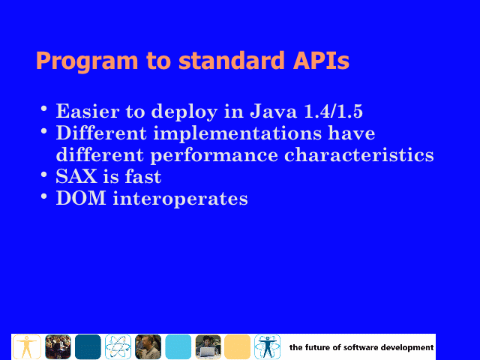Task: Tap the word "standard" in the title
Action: (x=232, y=60)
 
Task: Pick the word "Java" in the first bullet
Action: (x=273, y=111)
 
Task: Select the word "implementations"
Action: (x=237, y=133)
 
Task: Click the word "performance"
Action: (x=214, y=155)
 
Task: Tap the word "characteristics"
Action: (x=358, y=155)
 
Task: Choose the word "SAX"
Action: (x=76, y=176)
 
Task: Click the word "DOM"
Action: (x=81, y=198)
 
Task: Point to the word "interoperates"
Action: (x=180, y=199)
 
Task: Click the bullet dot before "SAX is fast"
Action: (x=44, y=175)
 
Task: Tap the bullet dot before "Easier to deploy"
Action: (x=44, y=109)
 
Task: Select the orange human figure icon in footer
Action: (x=27, y=346)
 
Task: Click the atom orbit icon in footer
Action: (x=118, y=346)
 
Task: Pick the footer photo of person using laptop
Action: (x=208, y=346)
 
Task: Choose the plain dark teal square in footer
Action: (x=88, y=346)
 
